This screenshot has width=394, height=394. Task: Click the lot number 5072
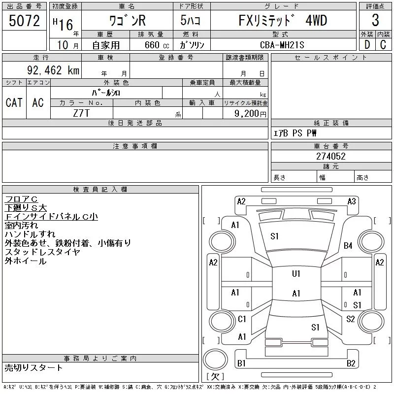(24, 21)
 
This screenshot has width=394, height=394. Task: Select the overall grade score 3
(375, 21)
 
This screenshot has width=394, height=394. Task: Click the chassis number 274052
(331, 156)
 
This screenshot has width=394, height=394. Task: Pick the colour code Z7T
(81, 113)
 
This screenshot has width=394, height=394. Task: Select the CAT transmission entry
(14, 102)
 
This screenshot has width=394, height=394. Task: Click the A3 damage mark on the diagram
(351, 201)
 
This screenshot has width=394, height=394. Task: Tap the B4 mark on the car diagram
(348, 245)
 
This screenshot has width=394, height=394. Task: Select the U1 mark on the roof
(296, 273)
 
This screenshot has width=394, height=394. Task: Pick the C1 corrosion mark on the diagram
(242, 319)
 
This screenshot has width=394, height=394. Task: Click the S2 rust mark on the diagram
(351, 319)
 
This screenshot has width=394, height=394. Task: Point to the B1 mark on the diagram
(241, 363)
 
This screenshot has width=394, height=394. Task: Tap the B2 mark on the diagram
(351, 363)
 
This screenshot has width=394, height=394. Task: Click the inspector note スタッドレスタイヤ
(42, 252)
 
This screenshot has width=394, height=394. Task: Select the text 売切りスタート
(34, 367)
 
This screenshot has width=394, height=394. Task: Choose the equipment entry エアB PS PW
(295, 133)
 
